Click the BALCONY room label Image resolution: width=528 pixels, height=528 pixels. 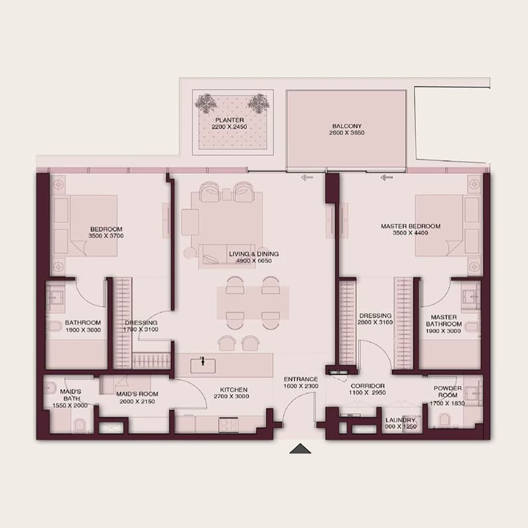pyautogui.click(x=346, y=126)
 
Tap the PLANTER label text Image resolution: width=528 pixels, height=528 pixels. pyautogui.click(x=230, y=120)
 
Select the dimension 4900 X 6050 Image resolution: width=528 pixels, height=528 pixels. pyautogui.click(x=254, y=261)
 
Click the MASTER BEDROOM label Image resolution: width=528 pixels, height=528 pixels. pyautogui.click(x=411, y=226)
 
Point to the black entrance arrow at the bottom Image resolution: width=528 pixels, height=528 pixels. pyautogui.click(x=300, y=449)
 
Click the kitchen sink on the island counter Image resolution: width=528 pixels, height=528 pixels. pyautogui.click(x=203, y=365)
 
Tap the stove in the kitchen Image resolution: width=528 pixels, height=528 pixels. pyautogui.click(x=229, y=425)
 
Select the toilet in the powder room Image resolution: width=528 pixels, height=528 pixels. pyautogui.click(x=444, y=420)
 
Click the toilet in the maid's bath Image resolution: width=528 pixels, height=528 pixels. pyautogui.click(x=80, y=425)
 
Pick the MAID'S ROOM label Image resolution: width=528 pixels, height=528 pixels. pyautogui.click(x=137, y=394)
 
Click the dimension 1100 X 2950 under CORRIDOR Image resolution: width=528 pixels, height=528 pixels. pyautogui.click(x=367, y=393)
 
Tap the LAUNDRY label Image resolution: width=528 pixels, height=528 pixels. pyautogui.click(x=401, y=420)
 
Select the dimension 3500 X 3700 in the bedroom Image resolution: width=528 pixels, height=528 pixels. pyautogui.click(x=106, y=235)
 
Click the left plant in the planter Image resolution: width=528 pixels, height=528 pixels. pyautogui.click(x=206, y=103)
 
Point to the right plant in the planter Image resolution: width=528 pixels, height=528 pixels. pyautogui.click(x=258, y=103)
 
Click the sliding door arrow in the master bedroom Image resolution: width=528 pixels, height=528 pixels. pyautogui.click(x=387, y=178)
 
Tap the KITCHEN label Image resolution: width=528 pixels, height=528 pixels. pyautogui.click(x=233, y=389)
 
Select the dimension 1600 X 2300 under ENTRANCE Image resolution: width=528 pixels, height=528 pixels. pyautogui.click(x=300, y=386)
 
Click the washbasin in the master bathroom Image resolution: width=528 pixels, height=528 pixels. pyautogui.click(x=471, y=297)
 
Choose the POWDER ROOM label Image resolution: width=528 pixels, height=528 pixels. pyautogui.click(x=448, y=391)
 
